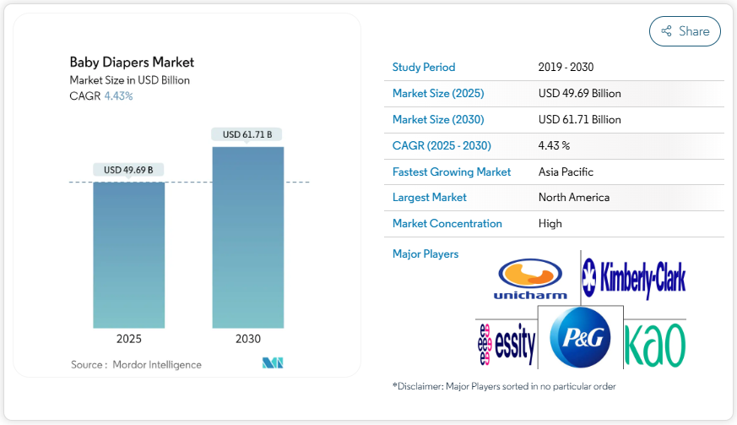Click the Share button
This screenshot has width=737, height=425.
685,31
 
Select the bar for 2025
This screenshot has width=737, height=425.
128,253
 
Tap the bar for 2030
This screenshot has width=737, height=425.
247,237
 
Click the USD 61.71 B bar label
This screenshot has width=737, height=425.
247,134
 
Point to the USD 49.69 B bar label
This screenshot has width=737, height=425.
128,170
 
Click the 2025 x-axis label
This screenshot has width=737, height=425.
128,339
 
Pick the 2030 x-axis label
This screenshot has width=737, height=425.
247,339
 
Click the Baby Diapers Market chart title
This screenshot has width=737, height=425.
132,62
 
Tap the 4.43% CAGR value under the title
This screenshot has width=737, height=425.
118,95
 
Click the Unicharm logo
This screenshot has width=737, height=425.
530,280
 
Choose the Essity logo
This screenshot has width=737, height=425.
507,344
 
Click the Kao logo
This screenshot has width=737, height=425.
654,344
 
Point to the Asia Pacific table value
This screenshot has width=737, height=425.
566,172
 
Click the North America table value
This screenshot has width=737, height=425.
573,197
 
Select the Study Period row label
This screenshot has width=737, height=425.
424,67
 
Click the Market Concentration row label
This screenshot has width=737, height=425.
447,223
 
